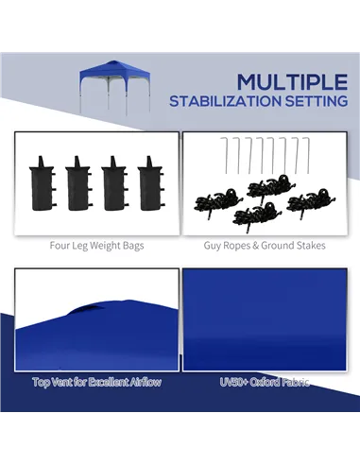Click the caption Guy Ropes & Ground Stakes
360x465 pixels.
point(265,245)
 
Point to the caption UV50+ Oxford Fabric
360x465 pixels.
point(264,382)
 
